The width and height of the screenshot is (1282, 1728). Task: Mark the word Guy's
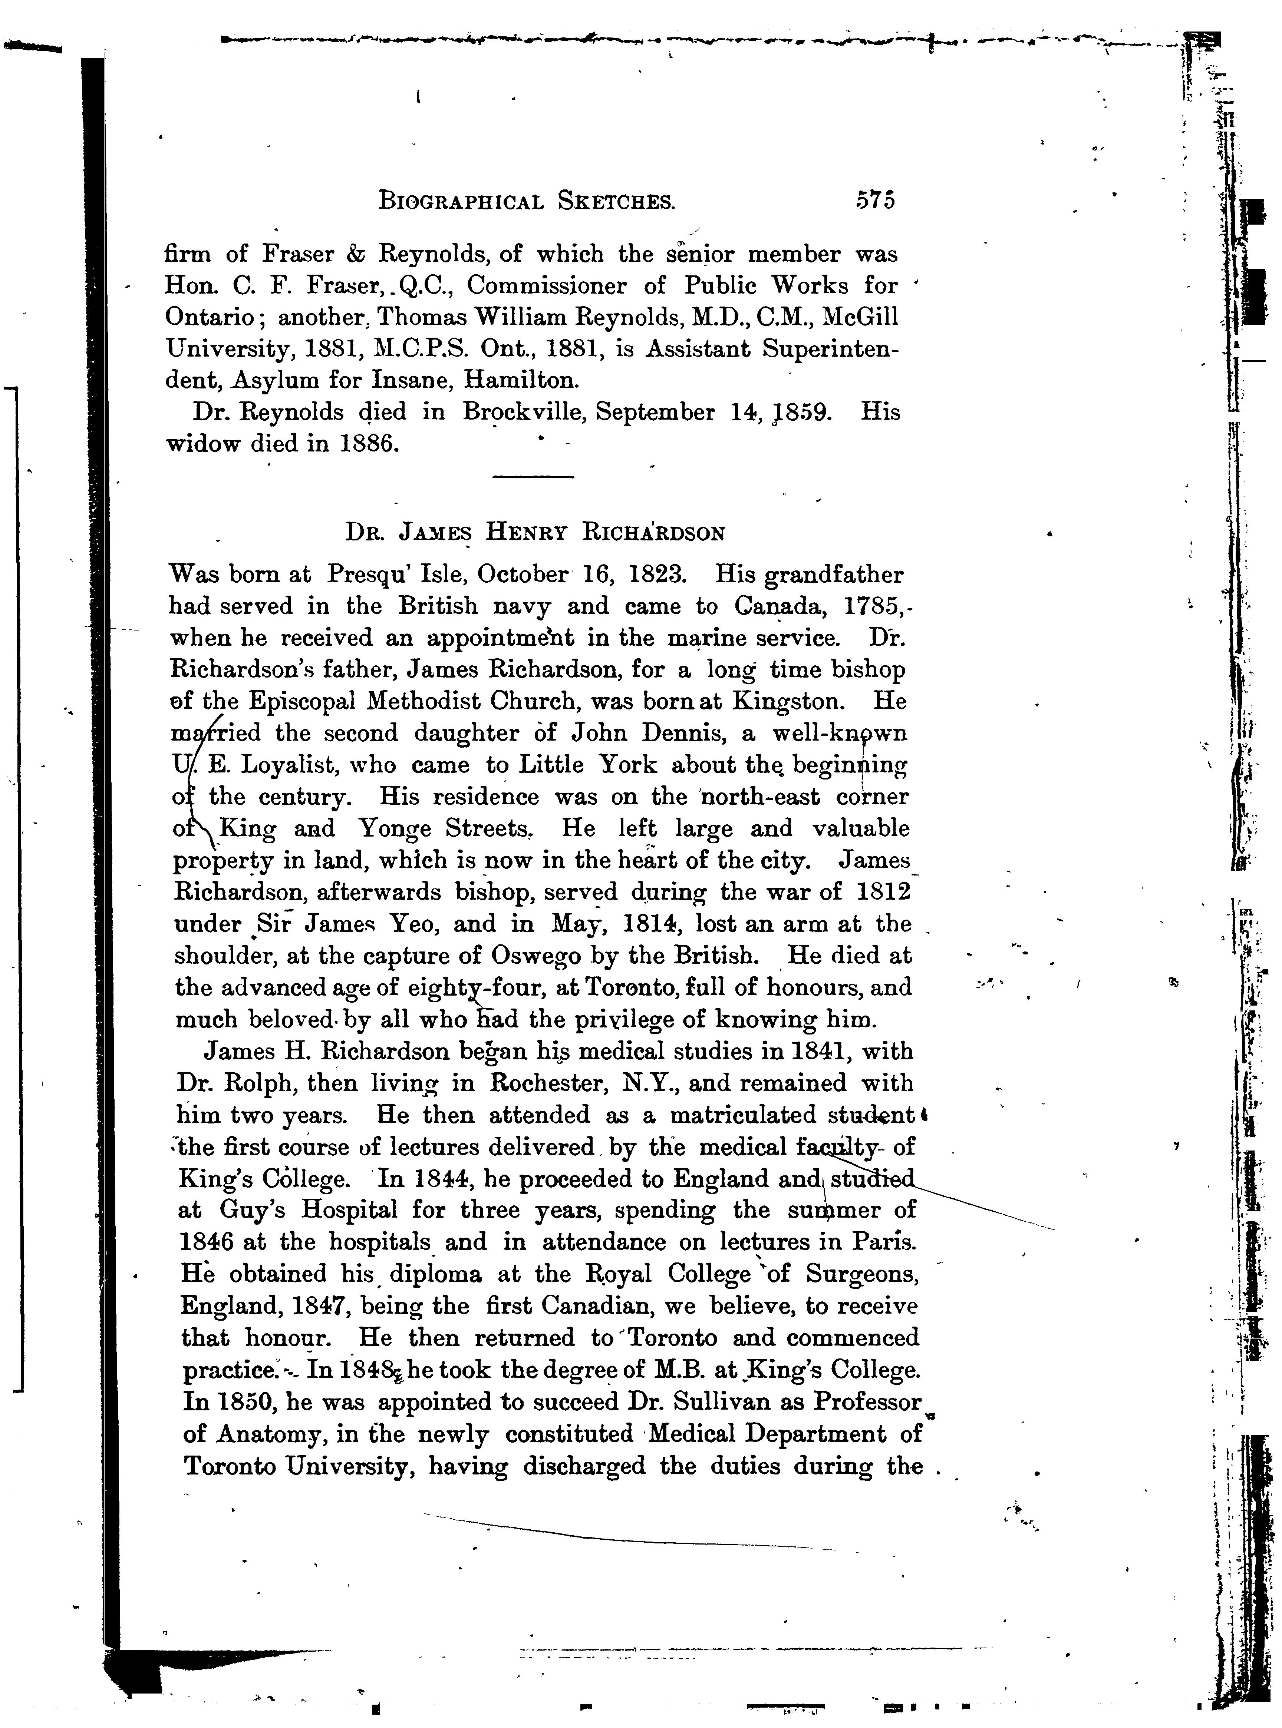click(254, 1211)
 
